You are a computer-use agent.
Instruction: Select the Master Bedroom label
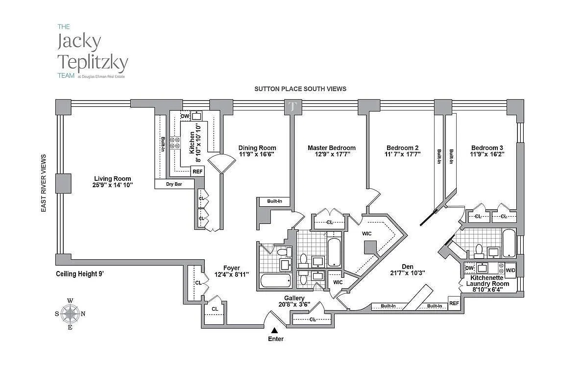point(331,148)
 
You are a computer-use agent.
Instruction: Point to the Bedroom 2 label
point(402,148)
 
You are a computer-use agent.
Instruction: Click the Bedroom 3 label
point(487,148)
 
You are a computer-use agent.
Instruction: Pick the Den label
point(408,267)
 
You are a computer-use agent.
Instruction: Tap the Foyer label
point(232,268)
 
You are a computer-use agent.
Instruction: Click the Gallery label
point(294,298)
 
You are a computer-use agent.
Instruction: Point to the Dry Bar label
point(174,184)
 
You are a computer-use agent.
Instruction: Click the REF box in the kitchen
point(197,171)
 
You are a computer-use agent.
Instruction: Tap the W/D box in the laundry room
point(511,270)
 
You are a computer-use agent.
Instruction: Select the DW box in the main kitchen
point(185,116)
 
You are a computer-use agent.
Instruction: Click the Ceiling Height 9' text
point(79,274)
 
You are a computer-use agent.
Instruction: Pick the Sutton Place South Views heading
point(300,89)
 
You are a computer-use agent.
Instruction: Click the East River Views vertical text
point(44,183)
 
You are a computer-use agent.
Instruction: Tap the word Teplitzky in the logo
point(93,62)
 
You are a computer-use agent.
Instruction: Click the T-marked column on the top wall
point(292,107)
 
